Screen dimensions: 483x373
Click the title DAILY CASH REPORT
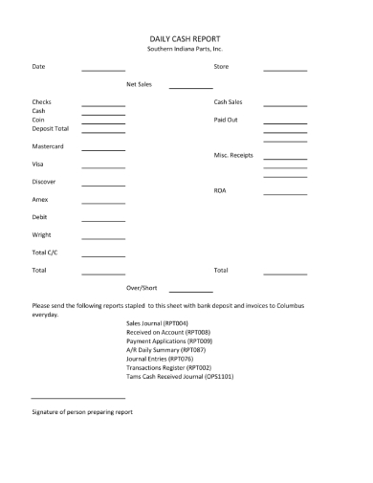(x=186, y=37)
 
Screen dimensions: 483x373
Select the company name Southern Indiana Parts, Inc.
(x=186, y=48)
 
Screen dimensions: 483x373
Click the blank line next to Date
(x=103, y=70)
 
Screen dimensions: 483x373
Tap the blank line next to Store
(x=285, y=70)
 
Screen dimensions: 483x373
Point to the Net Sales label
(x=140, y=84)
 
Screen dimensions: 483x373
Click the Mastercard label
(x=49, y=146)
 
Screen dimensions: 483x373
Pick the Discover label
(x=45, y=182)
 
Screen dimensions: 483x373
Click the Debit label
(x=41, y=217)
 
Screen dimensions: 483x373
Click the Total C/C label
(x=45, y=252)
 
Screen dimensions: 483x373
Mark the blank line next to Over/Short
(x=191, y=291)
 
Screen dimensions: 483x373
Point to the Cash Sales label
(x=228, y=101)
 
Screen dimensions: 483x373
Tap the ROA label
(x=220, y=190)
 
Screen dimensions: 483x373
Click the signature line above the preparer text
(x=74, y=397)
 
